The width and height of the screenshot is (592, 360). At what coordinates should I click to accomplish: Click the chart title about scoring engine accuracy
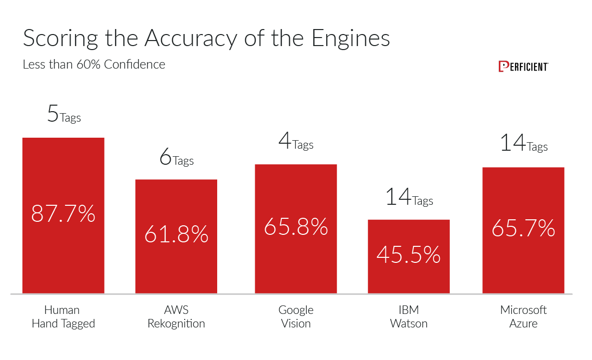point(206,39)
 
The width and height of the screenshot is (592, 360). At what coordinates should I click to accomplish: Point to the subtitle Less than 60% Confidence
point(94,65)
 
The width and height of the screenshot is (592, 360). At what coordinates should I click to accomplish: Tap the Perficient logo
point(523,67)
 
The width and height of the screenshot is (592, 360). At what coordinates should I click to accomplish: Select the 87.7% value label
point(63,214)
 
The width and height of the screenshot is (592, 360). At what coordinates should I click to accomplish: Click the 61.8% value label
point(176,234)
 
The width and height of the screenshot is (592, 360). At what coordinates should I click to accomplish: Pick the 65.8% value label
point(296,227)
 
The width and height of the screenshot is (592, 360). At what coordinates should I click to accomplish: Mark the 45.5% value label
point(408,255)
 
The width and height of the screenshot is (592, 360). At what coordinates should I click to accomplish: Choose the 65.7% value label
point(523,229)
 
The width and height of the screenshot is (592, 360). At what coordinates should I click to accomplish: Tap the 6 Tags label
point(176,158)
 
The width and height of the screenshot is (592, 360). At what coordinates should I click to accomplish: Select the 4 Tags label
point(296,143)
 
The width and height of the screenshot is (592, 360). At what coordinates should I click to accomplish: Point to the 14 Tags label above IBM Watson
point(408,198)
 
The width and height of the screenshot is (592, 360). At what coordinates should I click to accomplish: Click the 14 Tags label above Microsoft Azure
point(523,144)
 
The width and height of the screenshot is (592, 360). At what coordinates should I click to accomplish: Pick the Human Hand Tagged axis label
point(63,316)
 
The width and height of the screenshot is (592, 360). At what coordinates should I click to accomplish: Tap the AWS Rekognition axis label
point(176,316)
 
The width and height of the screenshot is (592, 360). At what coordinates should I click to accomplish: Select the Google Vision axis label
point(296,316)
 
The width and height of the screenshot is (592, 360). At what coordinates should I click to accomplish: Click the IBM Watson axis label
point(408,316)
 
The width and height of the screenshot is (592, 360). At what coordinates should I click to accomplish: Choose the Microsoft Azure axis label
point(523,316)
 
